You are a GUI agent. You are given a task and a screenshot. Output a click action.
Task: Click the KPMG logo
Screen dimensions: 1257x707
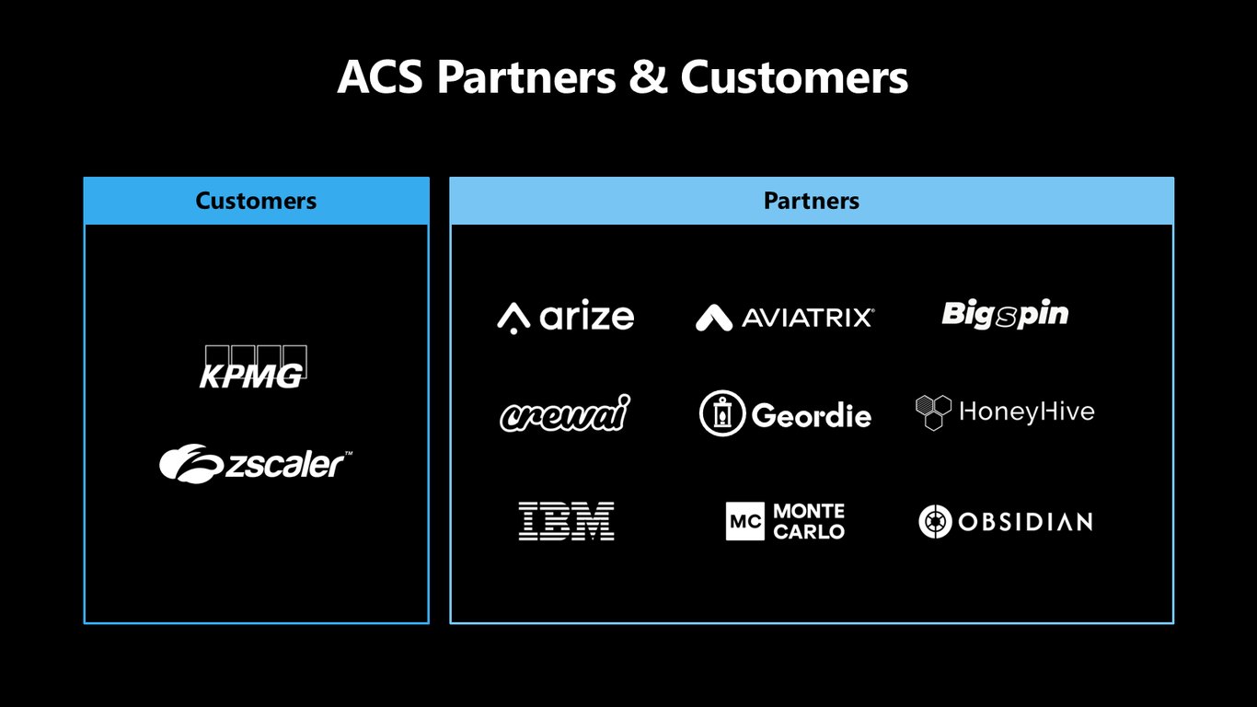(253, 366)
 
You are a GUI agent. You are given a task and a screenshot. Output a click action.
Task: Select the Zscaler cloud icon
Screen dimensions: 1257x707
(190, 463)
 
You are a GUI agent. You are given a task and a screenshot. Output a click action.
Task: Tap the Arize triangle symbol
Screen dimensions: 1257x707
(513, 318)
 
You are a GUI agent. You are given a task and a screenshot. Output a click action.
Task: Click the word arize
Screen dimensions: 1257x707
(587, 316)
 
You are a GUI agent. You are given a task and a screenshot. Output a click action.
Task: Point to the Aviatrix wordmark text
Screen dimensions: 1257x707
(808, 318)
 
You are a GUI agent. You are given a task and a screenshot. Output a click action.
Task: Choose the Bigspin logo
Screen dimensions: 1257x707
(1005, 315)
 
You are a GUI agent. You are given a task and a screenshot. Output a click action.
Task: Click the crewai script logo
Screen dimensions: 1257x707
(564, 413)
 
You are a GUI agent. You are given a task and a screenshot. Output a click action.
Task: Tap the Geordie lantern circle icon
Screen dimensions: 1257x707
(722, 413)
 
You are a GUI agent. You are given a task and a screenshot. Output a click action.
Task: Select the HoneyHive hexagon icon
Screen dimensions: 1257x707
(933, 412)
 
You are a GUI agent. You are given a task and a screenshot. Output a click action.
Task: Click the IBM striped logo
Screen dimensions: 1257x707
(566, 521)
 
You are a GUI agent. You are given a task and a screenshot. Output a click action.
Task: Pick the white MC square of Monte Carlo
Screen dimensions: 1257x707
(744, 521)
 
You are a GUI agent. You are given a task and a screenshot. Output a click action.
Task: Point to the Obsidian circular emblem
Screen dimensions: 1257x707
(936, 522)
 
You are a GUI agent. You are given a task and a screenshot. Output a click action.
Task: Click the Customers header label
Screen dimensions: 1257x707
(256, 201)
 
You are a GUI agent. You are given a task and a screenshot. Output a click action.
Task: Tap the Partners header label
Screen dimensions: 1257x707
(812, 201)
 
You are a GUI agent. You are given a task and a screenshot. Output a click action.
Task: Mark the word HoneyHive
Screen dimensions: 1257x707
(1027, 411)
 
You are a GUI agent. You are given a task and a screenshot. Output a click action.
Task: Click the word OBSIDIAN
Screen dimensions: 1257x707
(1026, 522)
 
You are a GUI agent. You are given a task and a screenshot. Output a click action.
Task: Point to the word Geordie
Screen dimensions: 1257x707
(812, 415)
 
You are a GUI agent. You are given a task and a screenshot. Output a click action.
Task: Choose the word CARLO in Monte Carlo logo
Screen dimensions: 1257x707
(809, 531)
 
